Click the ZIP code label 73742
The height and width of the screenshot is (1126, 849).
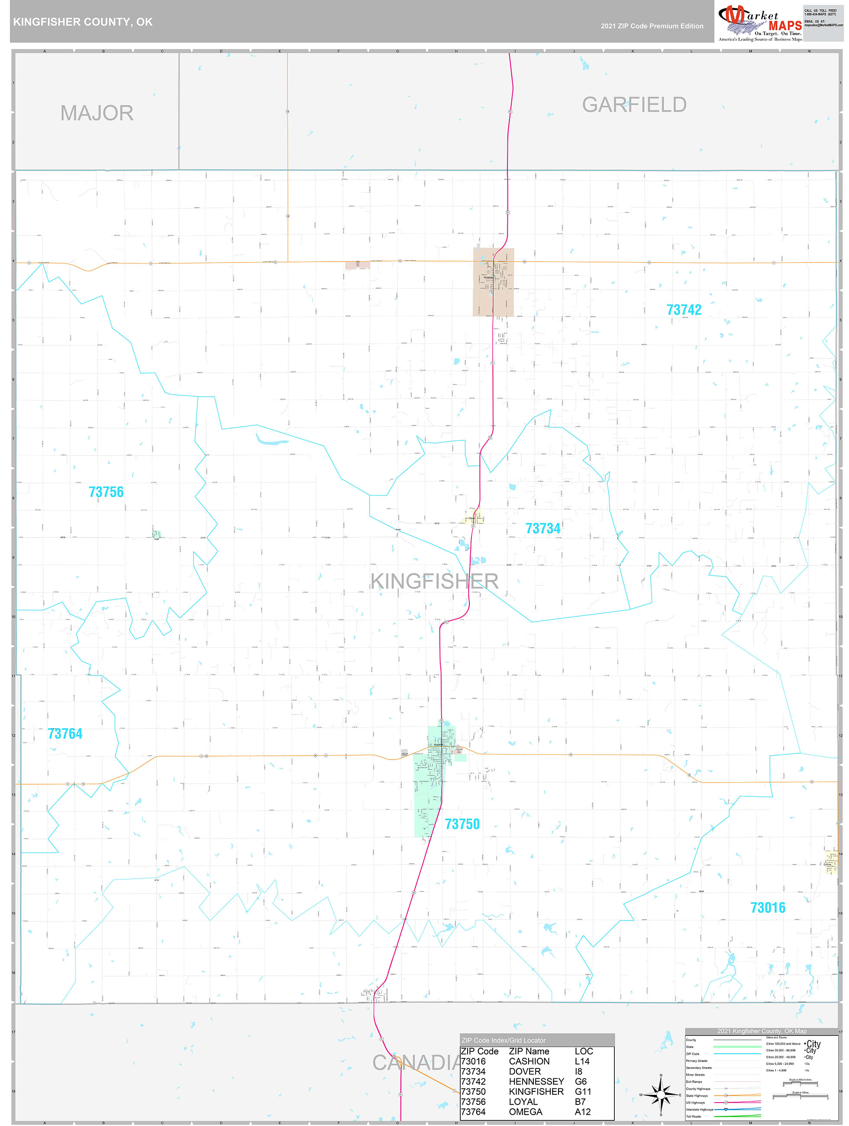pyautogui.click(x=684, y=310)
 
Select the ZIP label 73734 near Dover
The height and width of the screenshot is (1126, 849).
pyautogui.click(x=542, y=528)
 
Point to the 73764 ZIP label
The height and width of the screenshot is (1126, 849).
pyautogui.click(x=65, y=734)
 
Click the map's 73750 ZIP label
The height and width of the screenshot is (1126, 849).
pyautogui.click(x=462, y=824)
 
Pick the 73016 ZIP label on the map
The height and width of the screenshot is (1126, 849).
pyautogui.click(x=768, y=907)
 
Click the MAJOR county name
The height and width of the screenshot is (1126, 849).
pyautogui.click(x=97, y=113)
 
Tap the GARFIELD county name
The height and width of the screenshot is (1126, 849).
pyautogui.click(x=634, y=105)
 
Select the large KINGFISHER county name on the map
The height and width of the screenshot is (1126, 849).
pyautogui.click(x=434, y=581)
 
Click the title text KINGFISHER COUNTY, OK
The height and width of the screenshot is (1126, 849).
pyautogui.click(x=82, y=22)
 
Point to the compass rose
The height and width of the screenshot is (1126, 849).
pyautogui.click(x=661, y=1094)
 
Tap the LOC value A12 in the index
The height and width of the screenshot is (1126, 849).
pyautogui.click(x=582, y=1112)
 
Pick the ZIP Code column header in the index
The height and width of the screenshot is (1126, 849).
pyautogui.click(x=479, y=1051)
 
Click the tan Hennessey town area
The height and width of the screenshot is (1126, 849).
pyautogui.click(x=493, y=281)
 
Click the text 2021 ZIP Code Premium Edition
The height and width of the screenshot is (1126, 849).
pyautogui.click(x=652, y=26)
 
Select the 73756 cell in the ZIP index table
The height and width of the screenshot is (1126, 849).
pyautogui.click(x=473, y=1102)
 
